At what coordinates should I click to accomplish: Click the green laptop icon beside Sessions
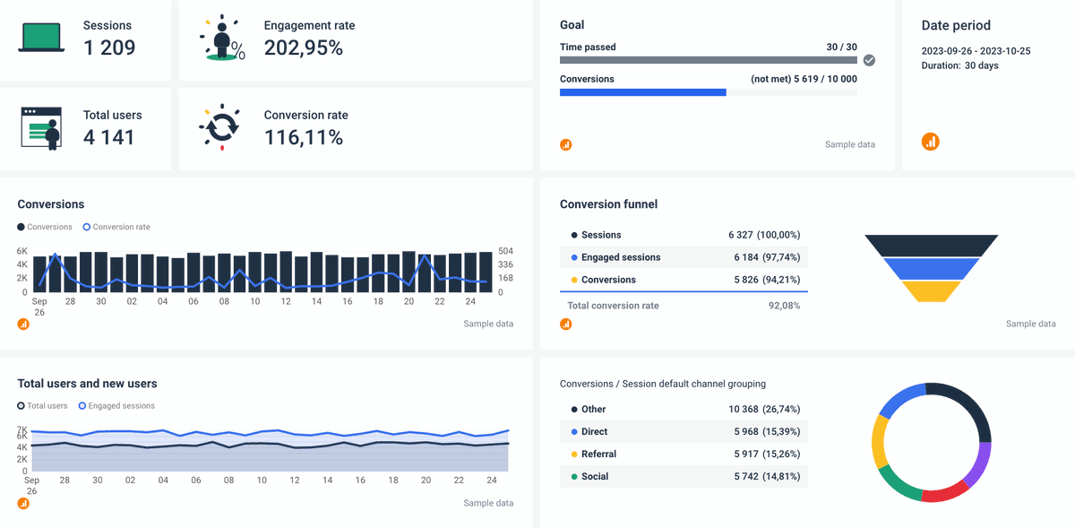pyautogui.click(x=41, y=39)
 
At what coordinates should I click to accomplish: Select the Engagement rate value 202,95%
pyautogui.click(x=303, y=48)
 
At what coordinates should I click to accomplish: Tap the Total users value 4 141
pyautogui.click(x=108, y=137)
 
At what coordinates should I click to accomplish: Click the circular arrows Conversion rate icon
pyautogui.click(x=219, y=128)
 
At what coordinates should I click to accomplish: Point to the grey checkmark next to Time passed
pyautogui.click(x=868, y=60)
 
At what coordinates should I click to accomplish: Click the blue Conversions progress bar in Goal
pyautogui.click(x=642, y=92)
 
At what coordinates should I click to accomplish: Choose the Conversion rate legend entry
pyautogui.click(x=116, y=227)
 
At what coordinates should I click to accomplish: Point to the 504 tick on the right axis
pyautogui.click(x=506, y=251)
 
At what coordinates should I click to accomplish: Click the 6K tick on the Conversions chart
pyautogui.click(x=22, y=251)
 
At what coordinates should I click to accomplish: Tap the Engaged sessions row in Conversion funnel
pyautogui.click(x=620, y=257)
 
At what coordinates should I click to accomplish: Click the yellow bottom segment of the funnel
pyautogui.click(x=931, y=291)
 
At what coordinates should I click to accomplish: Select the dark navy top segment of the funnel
pyautogui.click(x=931, y=245)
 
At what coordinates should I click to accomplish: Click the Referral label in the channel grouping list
pyautogui.click(x=598, y=454)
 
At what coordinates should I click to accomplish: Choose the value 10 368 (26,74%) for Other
pyautogui.click(x=764, y=409)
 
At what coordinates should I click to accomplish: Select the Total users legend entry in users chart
pyautogui.click(x=43, y=406)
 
